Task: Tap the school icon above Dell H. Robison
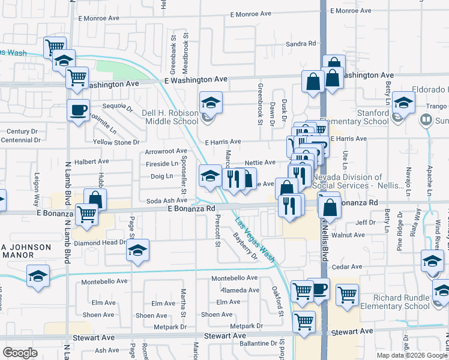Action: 211,104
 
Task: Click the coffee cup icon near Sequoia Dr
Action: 78,110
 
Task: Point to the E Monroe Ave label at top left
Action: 99,18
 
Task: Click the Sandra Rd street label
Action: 301,44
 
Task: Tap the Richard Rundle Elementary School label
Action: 393,302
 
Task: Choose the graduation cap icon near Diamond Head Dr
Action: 137,250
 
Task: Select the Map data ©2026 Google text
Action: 411,355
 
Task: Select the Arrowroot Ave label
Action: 166,151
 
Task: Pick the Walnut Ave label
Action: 349,235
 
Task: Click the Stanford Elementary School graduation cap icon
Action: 403,102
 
